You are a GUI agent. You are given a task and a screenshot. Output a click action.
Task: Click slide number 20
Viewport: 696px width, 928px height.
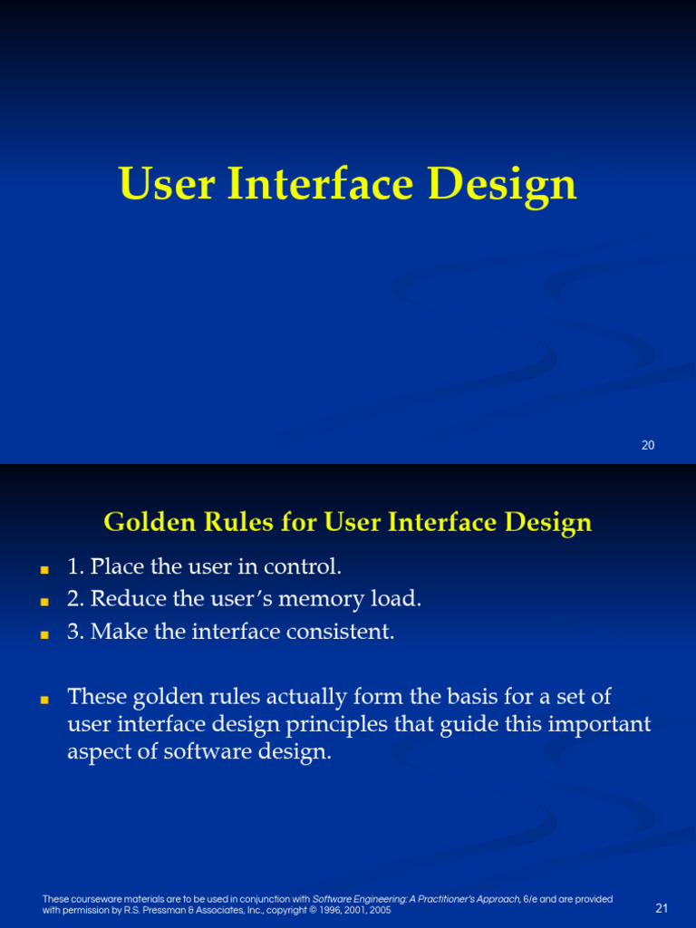647,445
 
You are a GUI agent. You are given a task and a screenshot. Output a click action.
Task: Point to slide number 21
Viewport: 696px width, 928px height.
661,908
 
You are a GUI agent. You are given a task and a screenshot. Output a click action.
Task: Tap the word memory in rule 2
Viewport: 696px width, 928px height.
317,599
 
